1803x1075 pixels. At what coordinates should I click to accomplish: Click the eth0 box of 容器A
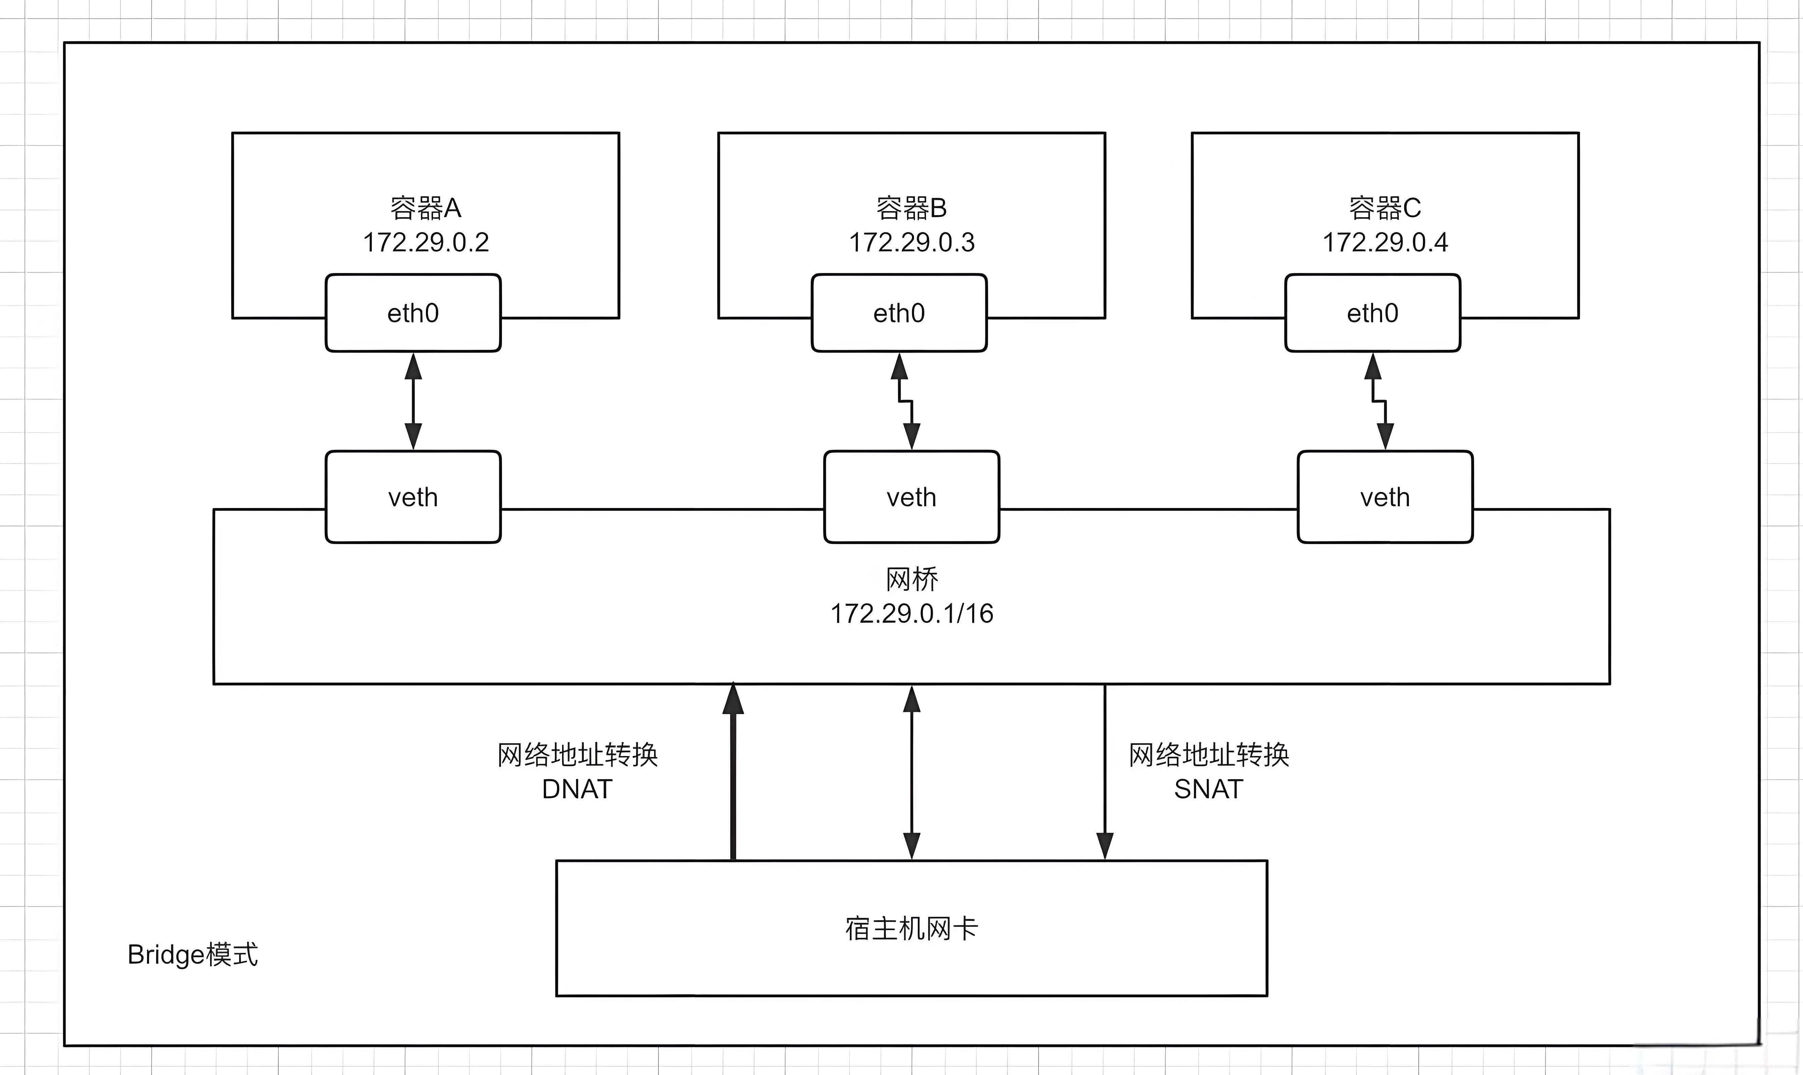(x=413, y=313)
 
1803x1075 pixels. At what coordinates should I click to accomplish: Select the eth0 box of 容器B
(x=899, y=313)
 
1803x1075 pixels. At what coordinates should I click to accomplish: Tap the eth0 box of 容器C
(x=1372, y=313)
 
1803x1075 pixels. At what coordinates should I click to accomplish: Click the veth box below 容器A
(x=413, y=497)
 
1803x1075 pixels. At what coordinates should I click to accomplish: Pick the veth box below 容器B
(x=911, y=497)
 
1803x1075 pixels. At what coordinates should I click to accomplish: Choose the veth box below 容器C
(x=1384, y=497)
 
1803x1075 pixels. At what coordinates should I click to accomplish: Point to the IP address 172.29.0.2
(x=426, y=242)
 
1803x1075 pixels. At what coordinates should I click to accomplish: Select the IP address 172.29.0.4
(x=1385, y=242)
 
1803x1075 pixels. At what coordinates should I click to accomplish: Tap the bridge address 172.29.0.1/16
(x=911, y=614)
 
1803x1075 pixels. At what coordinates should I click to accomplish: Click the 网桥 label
(x=911, y=579)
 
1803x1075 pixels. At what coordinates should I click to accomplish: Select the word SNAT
(x=1208, y=789)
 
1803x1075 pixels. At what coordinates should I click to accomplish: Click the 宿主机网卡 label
(x=911, y=928)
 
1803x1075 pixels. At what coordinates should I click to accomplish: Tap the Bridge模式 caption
(x=193, y=955)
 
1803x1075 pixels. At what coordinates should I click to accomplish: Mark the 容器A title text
(x=426, y=208)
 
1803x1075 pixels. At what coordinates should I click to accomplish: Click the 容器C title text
(x=1385, y=208)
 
